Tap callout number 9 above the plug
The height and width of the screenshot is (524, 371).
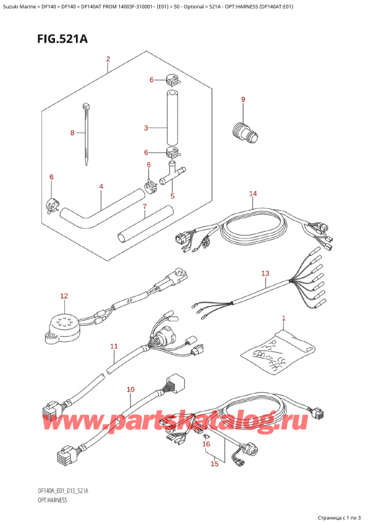coord(243,99)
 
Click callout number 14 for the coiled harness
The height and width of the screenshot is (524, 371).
coord(252,194)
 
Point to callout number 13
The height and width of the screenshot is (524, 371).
coord(265,273)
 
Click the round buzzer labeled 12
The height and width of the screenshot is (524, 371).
coord(60,326)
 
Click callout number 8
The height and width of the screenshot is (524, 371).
coord(72,132)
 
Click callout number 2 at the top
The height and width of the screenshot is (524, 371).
coord(108,59)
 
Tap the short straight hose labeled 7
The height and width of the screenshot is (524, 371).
coord(142,224)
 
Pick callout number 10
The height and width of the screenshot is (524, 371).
coord(130,389)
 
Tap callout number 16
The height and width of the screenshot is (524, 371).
coord(206,444)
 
